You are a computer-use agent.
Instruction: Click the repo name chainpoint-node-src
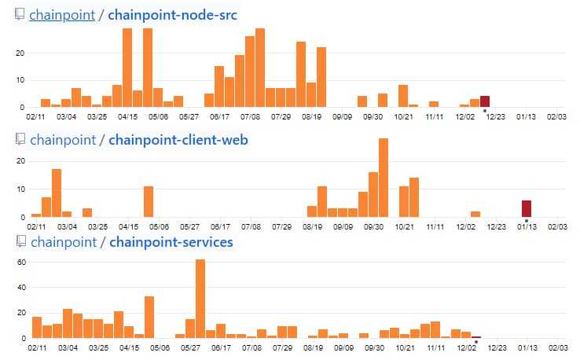[173, 15]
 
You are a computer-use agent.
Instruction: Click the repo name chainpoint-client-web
[178, 140]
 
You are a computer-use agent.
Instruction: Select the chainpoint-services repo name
[171, 241]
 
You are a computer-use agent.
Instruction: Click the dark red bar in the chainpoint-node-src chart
[485, 101]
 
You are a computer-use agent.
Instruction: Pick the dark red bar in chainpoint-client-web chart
[527, 208]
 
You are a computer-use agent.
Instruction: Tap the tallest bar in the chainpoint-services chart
[200, 299]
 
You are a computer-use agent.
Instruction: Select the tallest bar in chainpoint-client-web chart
[384, 178]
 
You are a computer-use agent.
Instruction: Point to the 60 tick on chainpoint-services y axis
[21, 261]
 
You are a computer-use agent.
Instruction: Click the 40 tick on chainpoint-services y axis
[21, 287]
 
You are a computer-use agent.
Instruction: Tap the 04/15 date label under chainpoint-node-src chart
[127, 116]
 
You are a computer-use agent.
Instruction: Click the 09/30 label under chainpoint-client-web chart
[373, 226]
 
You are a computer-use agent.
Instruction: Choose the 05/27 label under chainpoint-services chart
[189, 347]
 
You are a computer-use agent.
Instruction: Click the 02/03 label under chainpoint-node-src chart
[557, 116]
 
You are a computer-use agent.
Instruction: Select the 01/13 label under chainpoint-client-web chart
[527, 226]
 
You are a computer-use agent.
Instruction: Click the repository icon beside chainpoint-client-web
[20, 140]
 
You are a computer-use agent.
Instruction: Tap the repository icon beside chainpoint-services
[20, 241]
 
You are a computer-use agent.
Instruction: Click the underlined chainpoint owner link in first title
[61, 15]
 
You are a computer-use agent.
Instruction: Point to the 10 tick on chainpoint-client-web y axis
[21, 189]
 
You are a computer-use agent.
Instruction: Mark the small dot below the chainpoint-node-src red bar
[485, 111]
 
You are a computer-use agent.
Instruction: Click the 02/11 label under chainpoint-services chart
[36, 347]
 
